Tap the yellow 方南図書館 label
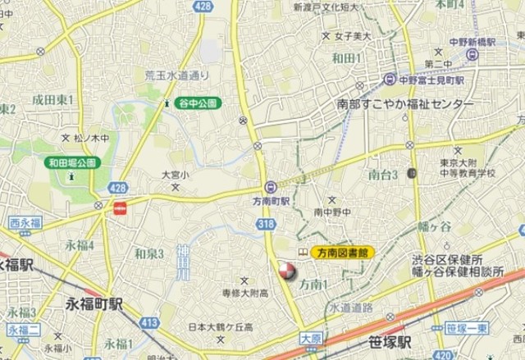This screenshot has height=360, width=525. point(343,253)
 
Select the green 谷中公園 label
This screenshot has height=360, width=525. point(197,103)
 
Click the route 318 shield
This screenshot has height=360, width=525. point(265,222)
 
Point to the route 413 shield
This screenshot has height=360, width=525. point(149,324)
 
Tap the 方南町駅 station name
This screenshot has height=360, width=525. point(271,201)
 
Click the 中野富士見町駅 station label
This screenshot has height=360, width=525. point(425,80)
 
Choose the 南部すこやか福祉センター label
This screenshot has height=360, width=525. point(405,105)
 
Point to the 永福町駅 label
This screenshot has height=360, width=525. point(94,304)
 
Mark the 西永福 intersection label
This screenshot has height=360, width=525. point(25,221)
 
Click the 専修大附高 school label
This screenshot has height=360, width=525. point(245,293)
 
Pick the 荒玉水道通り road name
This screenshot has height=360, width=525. point(176,75)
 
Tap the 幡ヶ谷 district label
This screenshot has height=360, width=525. point(435,226)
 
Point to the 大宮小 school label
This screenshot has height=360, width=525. point(174,175)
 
